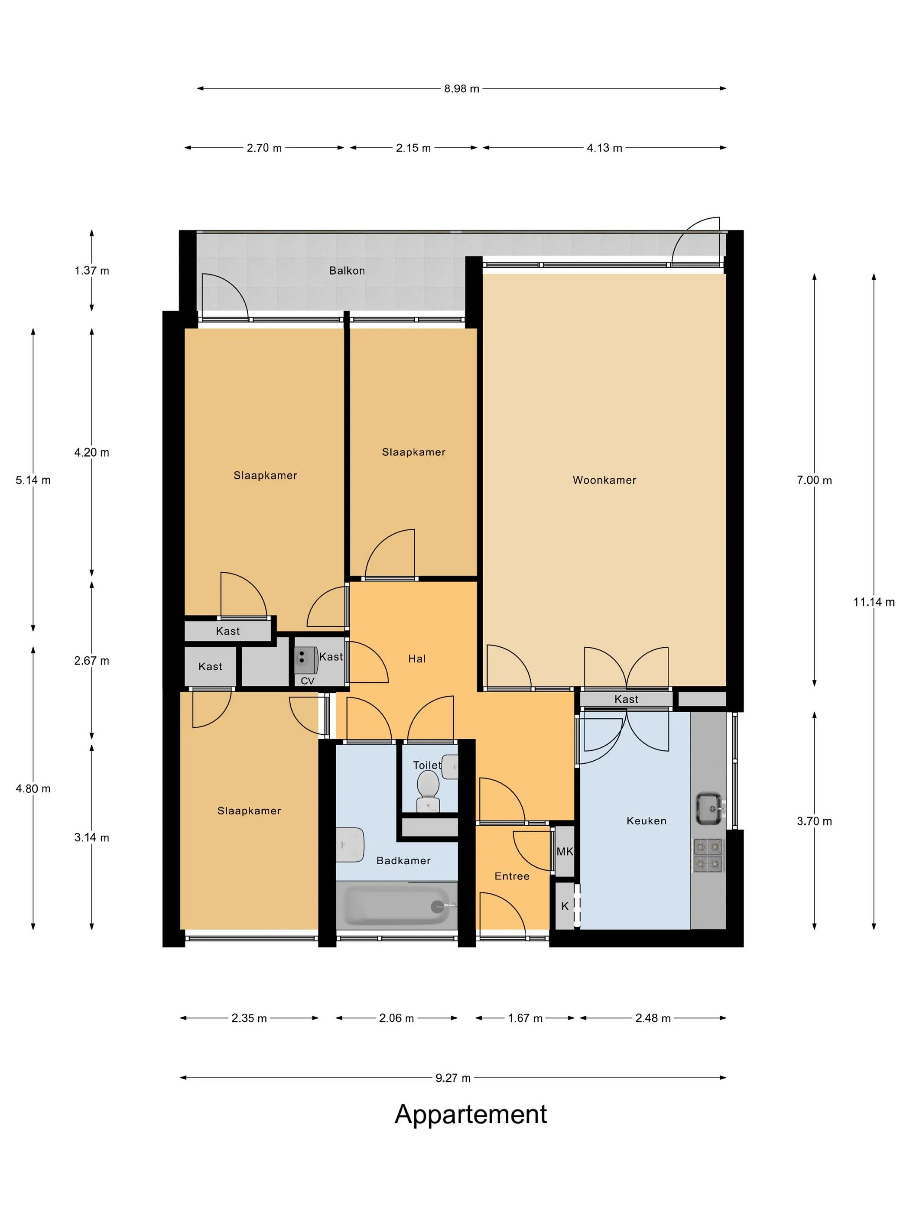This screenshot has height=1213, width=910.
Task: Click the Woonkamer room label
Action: (x=604, y=480)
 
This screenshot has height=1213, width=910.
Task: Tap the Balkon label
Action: (x=347, y=270)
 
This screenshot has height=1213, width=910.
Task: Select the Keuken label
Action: (x=646, y=821)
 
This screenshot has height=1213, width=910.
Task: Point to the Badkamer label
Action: (x=403, y=860)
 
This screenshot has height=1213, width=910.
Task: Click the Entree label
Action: (x=512, y=876)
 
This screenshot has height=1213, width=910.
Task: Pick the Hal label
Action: (x=417, y=658)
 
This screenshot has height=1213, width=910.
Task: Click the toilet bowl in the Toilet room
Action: (x=428, y=790)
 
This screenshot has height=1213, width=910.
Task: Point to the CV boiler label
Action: (x=308, y=681)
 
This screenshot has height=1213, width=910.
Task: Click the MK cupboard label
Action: (x=565, y=851)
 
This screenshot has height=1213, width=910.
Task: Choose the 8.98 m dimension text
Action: (x=461, y=88)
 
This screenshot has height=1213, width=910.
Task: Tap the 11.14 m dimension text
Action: (x=874, y=602)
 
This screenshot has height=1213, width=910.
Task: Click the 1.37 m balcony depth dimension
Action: (x=91, y=270)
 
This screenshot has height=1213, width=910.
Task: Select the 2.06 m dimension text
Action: (x=396, y=1018)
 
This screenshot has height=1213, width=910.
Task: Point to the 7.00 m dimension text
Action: (x=814, y=480)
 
